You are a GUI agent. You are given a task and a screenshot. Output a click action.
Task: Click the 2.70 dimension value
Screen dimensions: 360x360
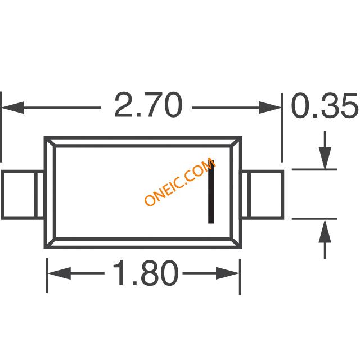(x=148, y=105)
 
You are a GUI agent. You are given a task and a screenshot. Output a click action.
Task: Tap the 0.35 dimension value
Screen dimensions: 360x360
(x=325, y=105)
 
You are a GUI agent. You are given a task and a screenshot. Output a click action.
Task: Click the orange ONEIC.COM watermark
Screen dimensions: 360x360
(x=180, y=181)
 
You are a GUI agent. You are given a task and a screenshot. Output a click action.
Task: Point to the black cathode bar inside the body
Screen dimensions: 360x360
(x=211, y=192)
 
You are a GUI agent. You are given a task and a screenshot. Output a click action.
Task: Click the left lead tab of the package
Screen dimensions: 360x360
(x=22, y=195)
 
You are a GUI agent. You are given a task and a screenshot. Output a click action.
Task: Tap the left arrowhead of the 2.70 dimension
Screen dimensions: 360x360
(x=13, y=107)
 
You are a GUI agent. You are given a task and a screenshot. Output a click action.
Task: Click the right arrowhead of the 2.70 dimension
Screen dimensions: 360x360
(x=270, y=107)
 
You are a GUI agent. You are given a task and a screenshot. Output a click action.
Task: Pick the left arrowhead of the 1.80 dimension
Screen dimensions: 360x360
(x=59, y=273)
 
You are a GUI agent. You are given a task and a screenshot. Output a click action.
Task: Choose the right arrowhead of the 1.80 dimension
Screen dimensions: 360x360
(x=228, y=273)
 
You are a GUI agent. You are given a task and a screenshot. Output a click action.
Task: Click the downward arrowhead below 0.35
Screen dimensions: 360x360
(x=325, y=159)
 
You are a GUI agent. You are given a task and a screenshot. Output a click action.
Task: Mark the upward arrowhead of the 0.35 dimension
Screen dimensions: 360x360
(x=325, y=231)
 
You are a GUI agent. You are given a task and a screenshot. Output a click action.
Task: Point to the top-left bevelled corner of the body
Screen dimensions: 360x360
(x=50, y=142)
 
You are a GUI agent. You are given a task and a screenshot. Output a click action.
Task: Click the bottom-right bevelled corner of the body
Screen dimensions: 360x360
(x=236, y=243)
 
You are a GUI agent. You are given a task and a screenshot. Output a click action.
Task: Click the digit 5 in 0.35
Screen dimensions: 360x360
(x=348, y=106)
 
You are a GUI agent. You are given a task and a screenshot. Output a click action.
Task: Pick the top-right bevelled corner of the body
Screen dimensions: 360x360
(x=236, y=142)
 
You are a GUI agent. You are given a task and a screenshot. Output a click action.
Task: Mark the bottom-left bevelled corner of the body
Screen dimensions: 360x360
(x=50, y=243)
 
